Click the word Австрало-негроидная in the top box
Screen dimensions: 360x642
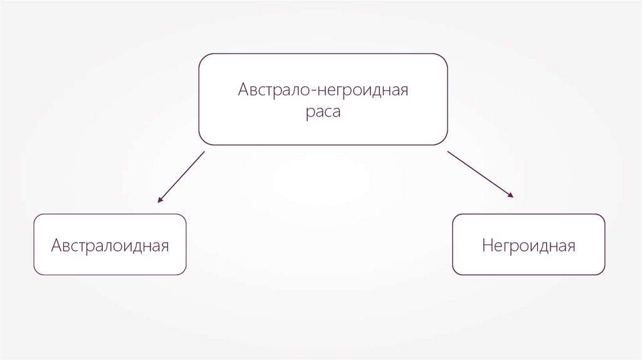coord(323,90)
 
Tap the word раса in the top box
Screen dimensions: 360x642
coord(324,114)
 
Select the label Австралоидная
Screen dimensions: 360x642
coord(110,245)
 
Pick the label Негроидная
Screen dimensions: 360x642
coord(529,245)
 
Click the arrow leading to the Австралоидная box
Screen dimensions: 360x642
coord(181,177)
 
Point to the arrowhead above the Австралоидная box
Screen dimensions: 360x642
coord(159,201)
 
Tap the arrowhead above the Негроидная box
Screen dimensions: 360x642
coord(511,195)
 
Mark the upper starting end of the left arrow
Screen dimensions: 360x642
coord(204,152)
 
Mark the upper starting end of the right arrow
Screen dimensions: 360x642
coord(448,151)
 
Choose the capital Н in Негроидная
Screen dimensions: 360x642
coord(487,245)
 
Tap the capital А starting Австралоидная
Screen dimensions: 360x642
coord(56,245)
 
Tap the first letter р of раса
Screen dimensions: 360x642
coord(310,115)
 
